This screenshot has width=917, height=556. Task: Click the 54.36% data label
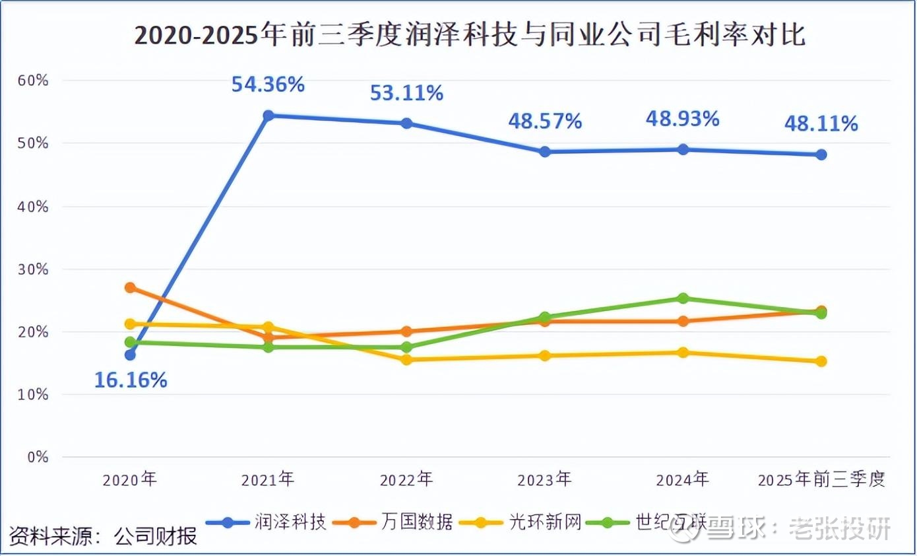pos(267,85)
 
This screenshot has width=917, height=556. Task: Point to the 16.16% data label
pos(131,380)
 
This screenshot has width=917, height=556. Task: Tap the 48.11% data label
pos(821,123)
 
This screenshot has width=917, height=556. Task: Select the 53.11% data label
pos(406,93)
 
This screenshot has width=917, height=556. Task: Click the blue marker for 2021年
pos(269,116)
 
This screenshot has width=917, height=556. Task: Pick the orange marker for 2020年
pos(131,287)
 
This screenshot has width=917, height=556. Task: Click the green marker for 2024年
pos(683,298)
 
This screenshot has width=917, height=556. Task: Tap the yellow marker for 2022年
pos(406,360)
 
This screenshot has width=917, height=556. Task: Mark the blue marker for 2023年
pos(545,152)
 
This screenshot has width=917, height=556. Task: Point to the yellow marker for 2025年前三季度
pos(821,361)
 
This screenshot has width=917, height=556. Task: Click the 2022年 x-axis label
pos(406,479)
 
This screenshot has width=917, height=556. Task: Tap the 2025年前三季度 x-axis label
pos(821,479)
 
